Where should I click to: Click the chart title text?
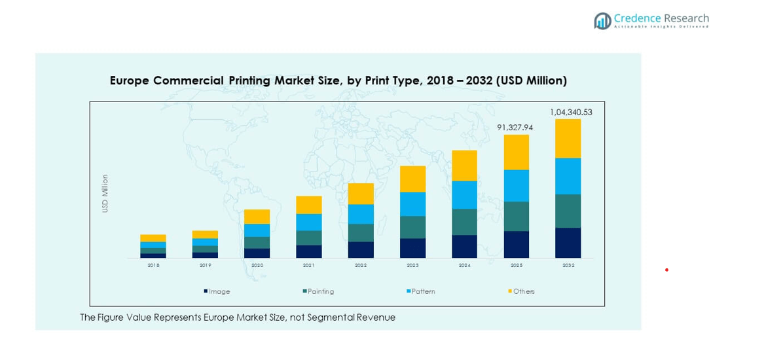coord(338,81)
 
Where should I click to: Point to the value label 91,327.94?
coord(515,128)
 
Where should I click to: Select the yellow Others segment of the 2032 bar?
coord(568,138)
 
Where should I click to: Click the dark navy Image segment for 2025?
coord(516,244)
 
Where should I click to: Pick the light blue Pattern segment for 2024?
coord(464,194)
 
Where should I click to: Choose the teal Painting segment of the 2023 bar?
coord(412,227)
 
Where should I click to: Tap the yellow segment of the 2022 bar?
coord(361,194)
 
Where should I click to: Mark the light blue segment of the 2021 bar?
coord(309,222)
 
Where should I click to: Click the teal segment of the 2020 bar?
coord(257,242)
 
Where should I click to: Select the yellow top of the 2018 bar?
coord(153,238)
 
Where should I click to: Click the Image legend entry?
coord(217,291)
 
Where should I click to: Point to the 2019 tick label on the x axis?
coord(205,266)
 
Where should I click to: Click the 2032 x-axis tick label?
coord(568,266)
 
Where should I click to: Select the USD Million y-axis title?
coord(105,193)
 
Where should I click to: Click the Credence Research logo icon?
coord(602,21)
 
